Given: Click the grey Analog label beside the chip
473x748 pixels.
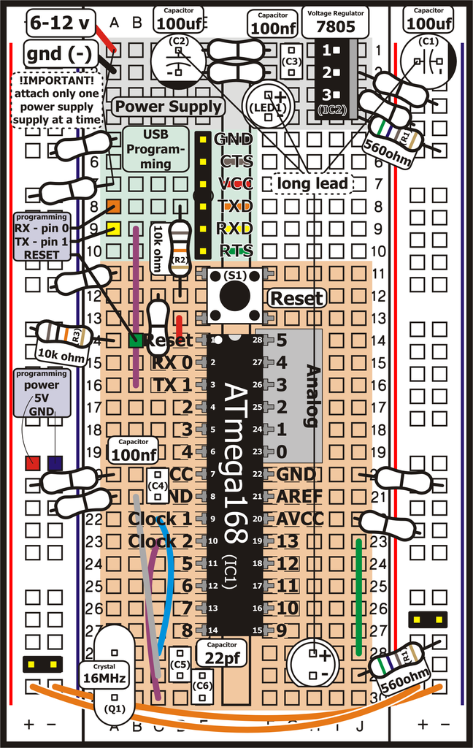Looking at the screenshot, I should pos(311,394).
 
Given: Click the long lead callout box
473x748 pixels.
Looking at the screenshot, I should pos(313,183).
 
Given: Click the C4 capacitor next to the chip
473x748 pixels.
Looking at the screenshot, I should pos(158,486).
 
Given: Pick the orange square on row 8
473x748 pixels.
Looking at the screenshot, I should pos(113,207).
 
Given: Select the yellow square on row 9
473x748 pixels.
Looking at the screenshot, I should pos(113,229).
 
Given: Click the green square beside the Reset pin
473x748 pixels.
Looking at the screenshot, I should pos(135,340).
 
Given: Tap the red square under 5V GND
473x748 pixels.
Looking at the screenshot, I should pos(32,463).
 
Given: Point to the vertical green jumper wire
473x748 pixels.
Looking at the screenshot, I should pos(359,597).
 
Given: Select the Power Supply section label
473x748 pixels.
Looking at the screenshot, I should pos(168,107).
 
